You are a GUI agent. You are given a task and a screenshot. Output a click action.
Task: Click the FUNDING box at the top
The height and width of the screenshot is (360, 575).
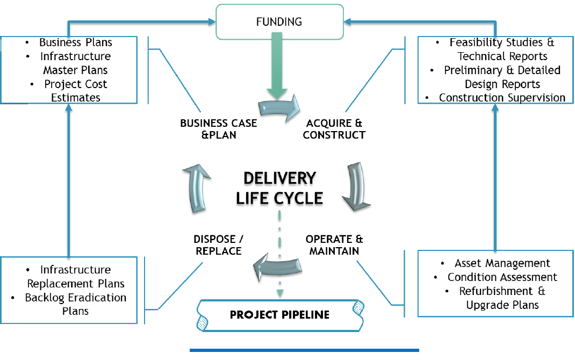[279, 22]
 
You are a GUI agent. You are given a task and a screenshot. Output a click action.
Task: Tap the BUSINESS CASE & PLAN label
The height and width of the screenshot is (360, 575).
[218, 129]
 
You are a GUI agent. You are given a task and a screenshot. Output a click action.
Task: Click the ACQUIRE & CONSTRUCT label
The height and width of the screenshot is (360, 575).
[334, 129]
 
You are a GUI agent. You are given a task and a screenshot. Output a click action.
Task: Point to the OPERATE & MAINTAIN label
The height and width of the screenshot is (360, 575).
[334, 244]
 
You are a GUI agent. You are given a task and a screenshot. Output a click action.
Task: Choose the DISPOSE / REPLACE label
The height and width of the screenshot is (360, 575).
[218, 244]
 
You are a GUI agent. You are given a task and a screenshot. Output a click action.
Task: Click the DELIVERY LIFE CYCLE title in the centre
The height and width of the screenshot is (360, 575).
[279, 188]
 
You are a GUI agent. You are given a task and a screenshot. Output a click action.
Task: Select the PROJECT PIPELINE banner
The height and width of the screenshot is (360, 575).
[279, 314]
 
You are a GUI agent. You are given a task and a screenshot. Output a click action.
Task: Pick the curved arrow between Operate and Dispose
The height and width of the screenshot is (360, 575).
[277, 264]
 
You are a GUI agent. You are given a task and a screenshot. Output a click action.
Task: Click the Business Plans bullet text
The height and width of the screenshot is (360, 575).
[75, 42]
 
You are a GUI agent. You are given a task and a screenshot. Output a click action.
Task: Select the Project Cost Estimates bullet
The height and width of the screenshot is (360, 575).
[75, 91]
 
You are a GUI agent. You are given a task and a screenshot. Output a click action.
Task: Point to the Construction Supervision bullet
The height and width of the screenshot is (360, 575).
[502, 98]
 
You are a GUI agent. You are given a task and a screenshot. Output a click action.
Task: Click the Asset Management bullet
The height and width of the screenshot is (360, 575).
[502, 263]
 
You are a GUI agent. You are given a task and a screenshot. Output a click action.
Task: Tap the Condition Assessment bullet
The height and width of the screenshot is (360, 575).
[502, 277]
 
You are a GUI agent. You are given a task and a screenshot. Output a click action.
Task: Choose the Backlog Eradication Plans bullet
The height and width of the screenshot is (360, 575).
[75, 304]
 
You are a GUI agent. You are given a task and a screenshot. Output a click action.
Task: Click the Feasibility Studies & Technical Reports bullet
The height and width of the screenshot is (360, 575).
[502, 49]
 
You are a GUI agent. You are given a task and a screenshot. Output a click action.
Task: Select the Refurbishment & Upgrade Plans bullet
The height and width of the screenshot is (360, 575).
[502, 298]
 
